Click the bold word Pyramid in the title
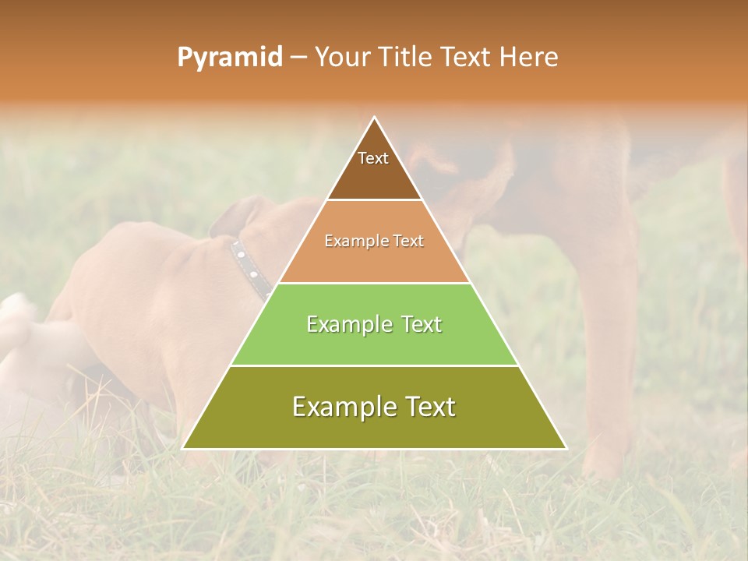click(229, 58)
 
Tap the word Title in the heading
click(403, 58)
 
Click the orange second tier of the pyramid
click(374, 261)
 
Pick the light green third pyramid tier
click(374, 343)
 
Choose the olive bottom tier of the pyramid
click(374, 429)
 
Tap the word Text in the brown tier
click(373, 158)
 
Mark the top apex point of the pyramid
click(375, 118)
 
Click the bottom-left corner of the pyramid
click(184, 448)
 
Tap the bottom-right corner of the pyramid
click(565, 448)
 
